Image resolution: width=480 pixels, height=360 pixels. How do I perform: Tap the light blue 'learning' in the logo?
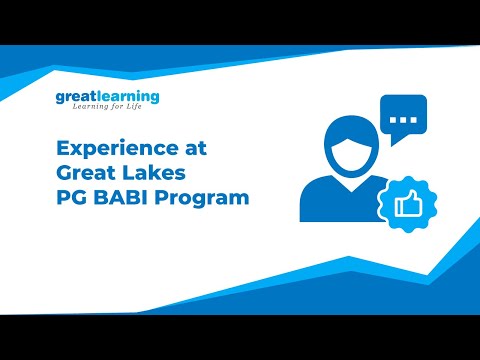tap(129, 97)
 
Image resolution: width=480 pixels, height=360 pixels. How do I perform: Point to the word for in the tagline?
tap(123, 110)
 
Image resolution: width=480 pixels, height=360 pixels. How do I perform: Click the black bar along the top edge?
tap(240, 20)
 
